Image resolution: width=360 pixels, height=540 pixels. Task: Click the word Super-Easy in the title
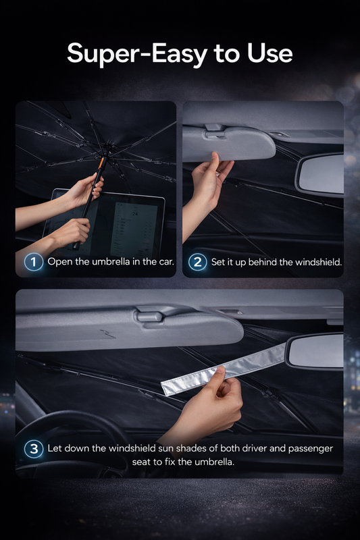pos(137,54)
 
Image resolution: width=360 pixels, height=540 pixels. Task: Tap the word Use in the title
pos(270,53)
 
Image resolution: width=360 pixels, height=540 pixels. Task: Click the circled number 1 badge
pos(34,262)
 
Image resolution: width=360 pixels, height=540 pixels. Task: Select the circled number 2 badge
pos(197,262)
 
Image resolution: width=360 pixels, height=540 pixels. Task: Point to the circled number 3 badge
pos(34,449)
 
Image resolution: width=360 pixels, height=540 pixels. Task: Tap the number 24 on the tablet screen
pos(135,214)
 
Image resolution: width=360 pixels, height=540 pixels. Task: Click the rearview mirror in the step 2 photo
pos(319,175)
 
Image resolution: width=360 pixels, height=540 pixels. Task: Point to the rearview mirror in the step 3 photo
pos(315,351)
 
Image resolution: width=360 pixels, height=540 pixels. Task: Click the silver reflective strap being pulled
pos(225,369)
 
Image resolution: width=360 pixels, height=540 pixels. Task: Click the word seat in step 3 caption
pos(142,462)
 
